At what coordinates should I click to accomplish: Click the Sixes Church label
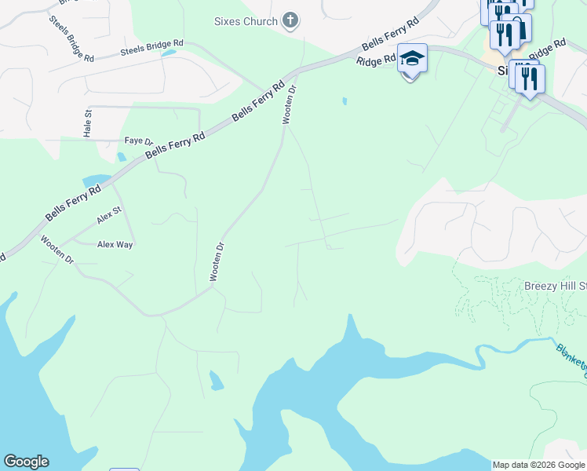(246, 21)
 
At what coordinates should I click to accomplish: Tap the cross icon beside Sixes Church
(290, 20)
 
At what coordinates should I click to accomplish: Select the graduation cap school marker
(412, 59)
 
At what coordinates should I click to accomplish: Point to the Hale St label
(88, 122)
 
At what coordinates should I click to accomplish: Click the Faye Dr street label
(139, 141)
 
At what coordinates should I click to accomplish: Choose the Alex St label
(109, 212)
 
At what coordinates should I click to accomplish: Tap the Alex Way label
(115, 244)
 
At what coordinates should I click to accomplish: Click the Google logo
(26, 462)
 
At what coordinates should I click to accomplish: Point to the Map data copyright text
(538, 465)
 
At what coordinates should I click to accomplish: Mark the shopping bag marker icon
(520, 27)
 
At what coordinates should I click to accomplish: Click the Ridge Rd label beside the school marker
(375, 60)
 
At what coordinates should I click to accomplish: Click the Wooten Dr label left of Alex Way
(57, 250)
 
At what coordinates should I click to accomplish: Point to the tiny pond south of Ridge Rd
(344, 101)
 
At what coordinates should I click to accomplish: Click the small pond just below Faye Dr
(121, 156)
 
